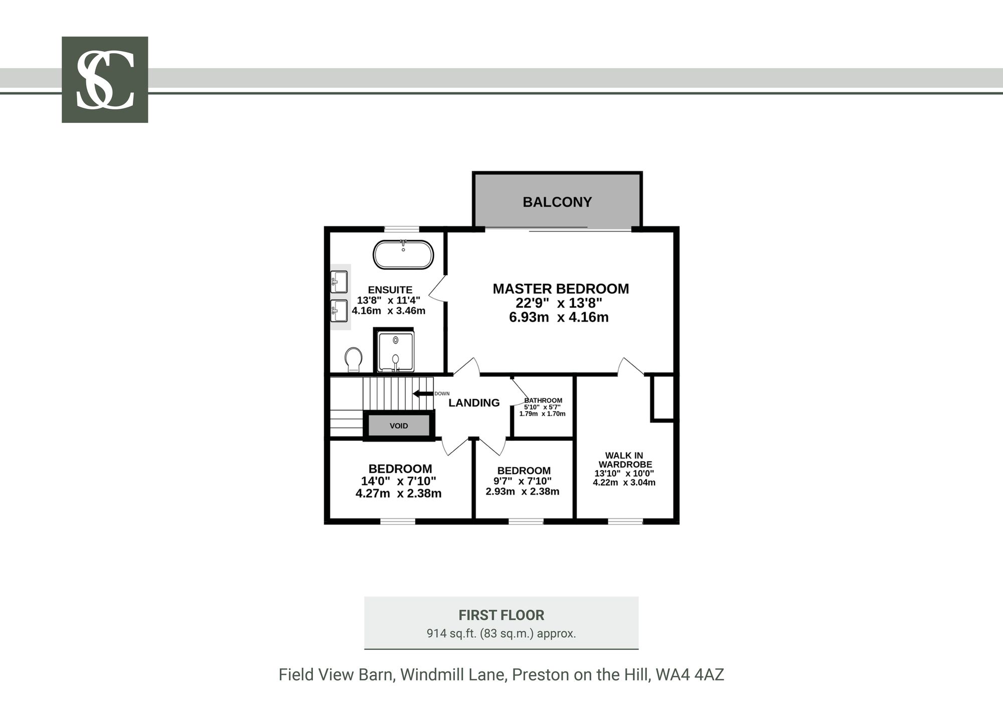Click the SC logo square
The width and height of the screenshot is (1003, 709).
(x=105, y=79)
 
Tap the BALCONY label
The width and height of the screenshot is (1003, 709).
(x=557, y=202)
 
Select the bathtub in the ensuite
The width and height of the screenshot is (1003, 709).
(x=403, y=255)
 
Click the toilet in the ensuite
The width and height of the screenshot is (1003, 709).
(x=354, y=360)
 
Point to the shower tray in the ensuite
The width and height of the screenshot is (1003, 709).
(x=396, y=351)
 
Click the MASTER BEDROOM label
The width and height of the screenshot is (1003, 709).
(x=561, y=289)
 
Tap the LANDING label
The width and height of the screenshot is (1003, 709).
(x=474, y=403)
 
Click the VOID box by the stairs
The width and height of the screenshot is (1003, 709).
(x=399, y=426)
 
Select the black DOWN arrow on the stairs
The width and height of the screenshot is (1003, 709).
(x=423, y=394)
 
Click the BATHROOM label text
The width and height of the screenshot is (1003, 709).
(x=543, y=400)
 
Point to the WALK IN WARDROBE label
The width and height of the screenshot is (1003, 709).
(x=624, y=460)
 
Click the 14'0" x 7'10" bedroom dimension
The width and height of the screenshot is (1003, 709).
(x=399, y=481)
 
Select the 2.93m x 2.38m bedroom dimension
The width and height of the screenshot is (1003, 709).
(x=523, y=491)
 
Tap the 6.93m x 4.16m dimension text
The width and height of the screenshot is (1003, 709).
(x=559, y=317)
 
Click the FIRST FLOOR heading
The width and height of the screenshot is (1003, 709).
(x=501, y=615)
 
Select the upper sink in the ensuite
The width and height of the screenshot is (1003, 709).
(x=340, y=282)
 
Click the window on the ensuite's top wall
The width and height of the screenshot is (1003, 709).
(x=402, y=229)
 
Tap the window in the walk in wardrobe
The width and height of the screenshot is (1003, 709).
(x=625, y=521)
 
